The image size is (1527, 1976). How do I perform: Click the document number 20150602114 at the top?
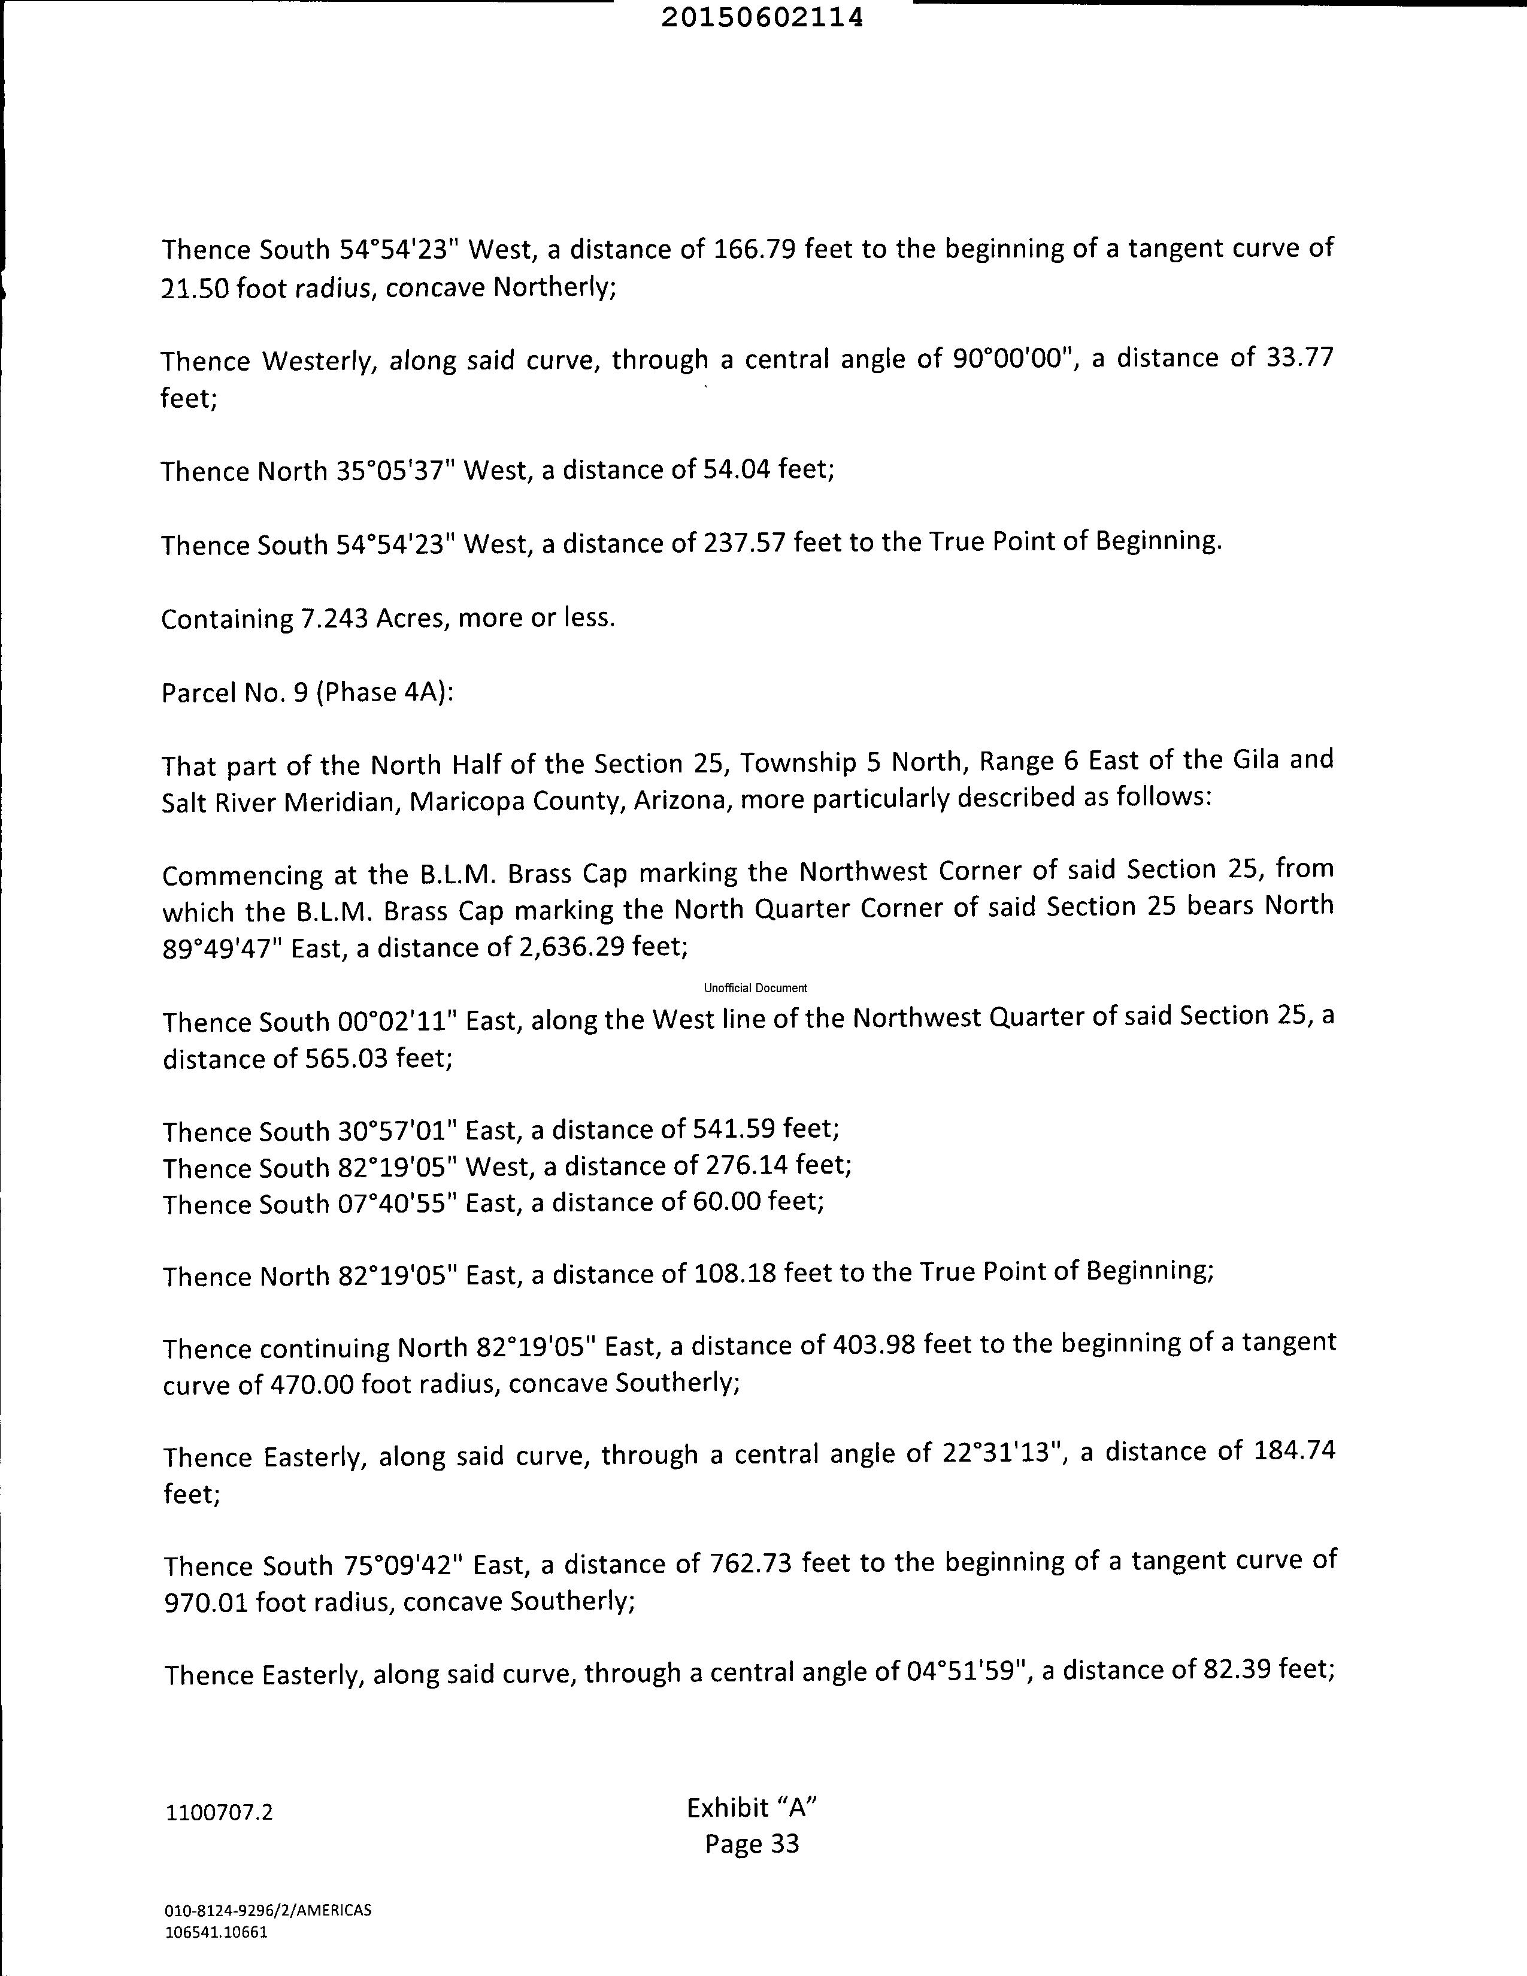pyautogui.click(x=762, y=18)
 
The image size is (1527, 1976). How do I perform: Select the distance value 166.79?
pyautogui.click(x=755, y=249)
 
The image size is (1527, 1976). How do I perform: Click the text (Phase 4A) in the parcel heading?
pyautogui.click(x=384, y=692)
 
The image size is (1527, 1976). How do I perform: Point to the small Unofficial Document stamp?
pyautogui.click(x=755, y=988)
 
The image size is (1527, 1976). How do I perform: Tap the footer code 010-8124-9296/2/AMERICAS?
pyautogui.click(x=268, y=1911)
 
